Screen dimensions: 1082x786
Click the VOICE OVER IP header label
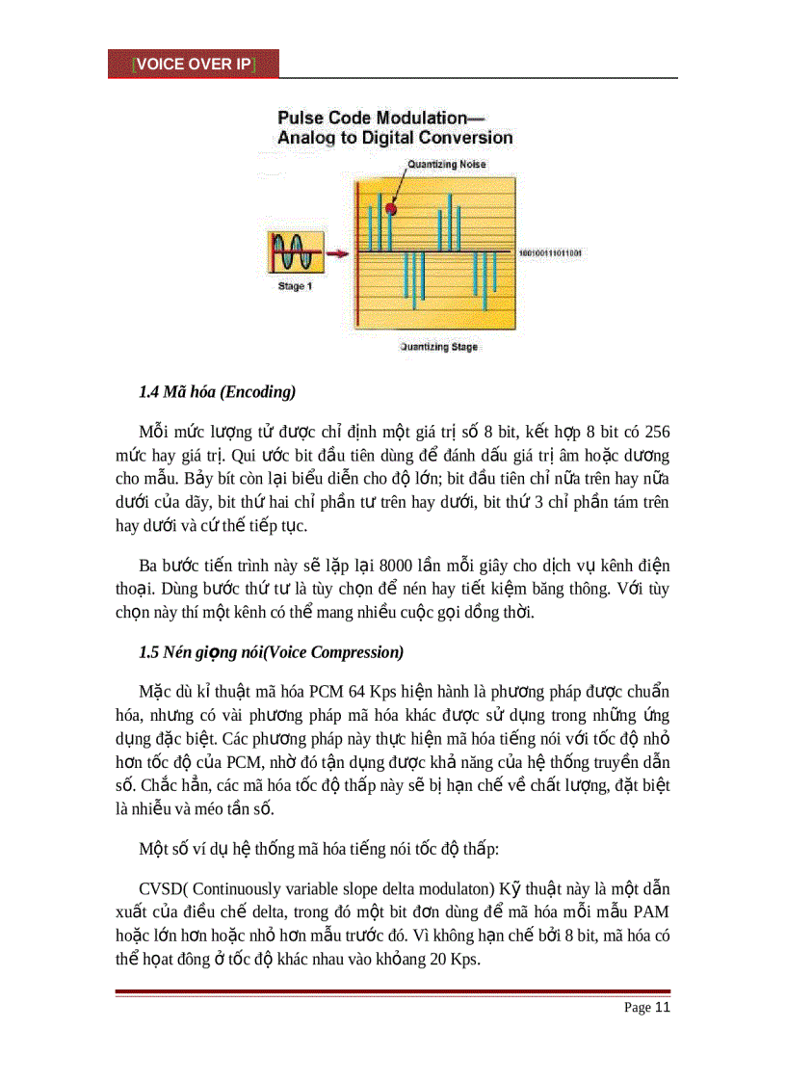[x=194, y=64]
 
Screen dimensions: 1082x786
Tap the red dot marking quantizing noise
[x=391, y=207]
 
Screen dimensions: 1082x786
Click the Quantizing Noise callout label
[x=446, y=165]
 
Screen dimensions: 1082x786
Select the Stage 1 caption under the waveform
[x=289, y=286]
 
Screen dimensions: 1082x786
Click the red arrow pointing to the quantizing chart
[x=337, y=254]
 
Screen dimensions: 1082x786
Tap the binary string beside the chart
[x=550, y=253]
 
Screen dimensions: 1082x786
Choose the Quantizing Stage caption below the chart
[x=438, y=347]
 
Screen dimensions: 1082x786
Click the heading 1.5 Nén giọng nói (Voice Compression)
[x=271, y=652]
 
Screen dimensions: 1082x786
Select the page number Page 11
[x=646, y=1008]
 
